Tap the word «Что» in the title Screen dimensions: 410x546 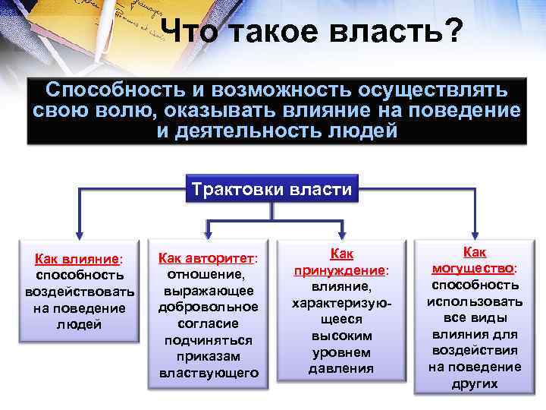190,32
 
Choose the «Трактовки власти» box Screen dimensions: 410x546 271,189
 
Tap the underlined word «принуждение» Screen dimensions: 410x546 338,271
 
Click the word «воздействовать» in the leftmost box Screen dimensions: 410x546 80,292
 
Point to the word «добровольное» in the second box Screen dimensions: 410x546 209,307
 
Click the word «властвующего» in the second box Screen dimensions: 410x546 209,373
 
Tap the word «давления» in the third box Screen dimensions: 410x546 341,368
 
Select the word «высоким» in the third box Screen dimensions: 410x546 341,336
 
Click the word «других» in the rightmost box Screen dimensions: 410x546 475,383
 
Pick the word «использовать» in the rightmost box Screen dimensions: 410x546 475,301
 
